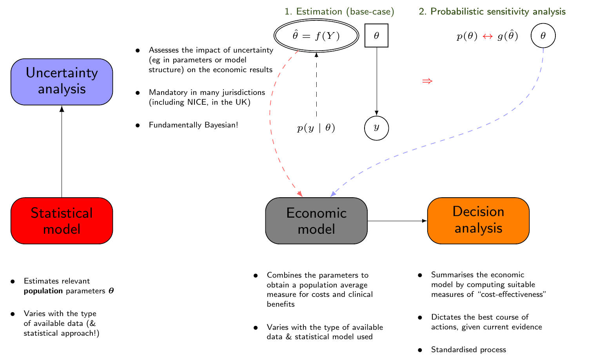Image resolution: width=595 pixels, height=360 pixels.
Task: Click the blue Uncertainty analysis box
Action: click(x=62, y=82)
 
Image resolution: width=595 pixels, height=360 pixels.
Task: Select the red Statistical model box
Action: click(x=62, y=221)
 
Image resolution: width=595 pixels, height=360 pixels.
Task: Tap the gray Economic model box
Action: click(x=316, y=221)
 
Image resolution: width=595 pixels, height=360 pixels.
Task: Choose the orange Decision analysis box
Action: click(x=478, y=220)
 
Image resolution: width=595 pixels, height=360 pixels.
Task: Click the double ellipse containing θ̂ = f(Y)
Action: click(x=316, y=36)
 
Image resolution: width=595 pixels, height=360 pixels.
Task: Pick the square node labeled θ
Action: click(x=376, y=36)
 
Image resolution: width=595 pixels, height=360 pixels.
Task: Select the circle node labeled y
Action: click(x=376, y=128)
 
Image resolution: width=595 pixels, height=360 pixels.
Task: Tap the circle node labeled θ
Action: click(x=543, y=36)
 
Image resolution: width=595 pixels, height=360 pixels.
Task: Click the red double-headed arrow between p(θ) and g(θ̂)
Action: click(x=487, y=36)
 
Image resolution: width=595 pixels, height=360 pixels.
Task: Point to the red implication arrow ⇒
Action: click(x=427, y=81)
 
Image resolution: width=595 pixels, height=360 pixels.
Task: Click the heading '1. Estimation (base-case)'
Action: click(x=339, y=12)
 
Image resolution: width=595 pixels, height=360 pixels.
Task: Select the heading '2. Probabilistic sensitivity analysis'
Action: click(x=492, y=12)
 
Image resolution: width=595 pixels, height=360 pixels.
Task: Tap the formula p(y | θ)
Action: click(x=316, y=128)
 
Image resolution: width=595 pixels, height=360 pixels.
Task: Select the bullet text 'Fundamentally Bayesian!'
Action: click(x=193, y=125)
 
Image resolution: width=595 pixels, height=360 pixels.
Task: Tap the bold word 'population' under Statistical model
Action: click(x=43, y=291)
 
